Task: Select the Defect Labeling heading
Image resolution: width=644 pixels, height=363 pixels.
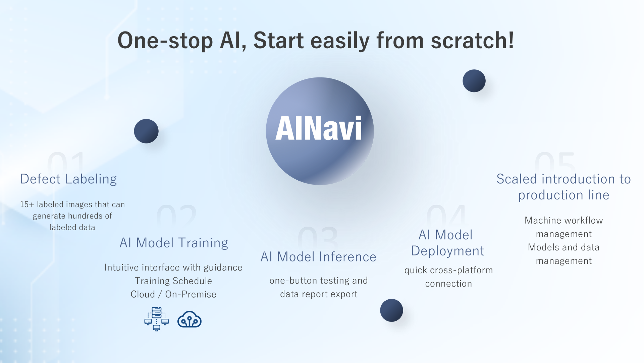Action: click(x=68, y=179)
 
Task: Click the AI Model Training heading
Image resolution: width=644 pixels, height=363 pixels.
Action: click(x=174, y=243)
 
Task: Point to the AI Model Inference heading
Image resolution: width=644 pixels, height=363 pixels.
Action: click(x=318, y=257)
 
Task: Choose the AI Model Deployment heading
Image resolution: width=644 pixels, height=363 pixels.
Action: click(x=447, y=243)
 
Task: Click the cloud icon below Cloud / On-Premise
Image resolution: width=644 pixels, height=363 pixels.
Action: click(x=190, y=319)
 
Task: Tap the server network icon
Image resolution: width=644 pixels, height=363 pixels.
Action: click(x=156, y=319)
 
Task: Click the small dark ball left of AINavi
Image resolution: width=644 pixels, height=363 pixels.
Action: click(x=146, y=131)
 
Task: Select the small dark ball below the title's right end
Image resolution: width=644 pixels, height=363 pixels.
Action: click(x=474, y=81)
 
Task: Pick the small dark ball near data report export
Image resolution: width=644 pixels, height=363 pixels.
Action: click(x=391, y=310)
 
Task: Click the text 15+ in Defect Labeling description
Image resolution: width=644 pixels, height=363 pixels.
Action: click(x=27, y=204)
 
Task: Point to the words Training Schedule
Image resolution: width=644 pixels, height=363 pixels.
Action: click(x=173, y=281)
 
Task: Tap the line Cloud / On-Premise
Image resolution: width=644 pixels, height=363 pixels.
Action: click(x=173, y=294)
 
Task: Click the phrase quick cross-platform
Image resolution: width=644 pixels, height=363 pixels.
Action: click(x=448, y=270)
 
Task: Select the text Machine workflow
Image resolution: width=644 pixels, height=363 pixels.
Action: click(x=564, y=220)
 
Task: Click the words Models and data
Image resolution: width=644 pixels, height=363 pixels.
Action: click(x=563, y=247)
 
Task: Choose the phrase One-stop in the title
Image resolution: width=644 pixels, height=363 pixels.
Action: click(x=165, y=41)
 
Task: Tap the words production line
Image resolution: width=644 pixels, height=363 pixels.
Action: click(x=564, y=195)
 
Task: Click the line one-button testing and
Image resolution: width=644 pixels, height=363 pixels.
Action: click(x=319, y=281)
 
